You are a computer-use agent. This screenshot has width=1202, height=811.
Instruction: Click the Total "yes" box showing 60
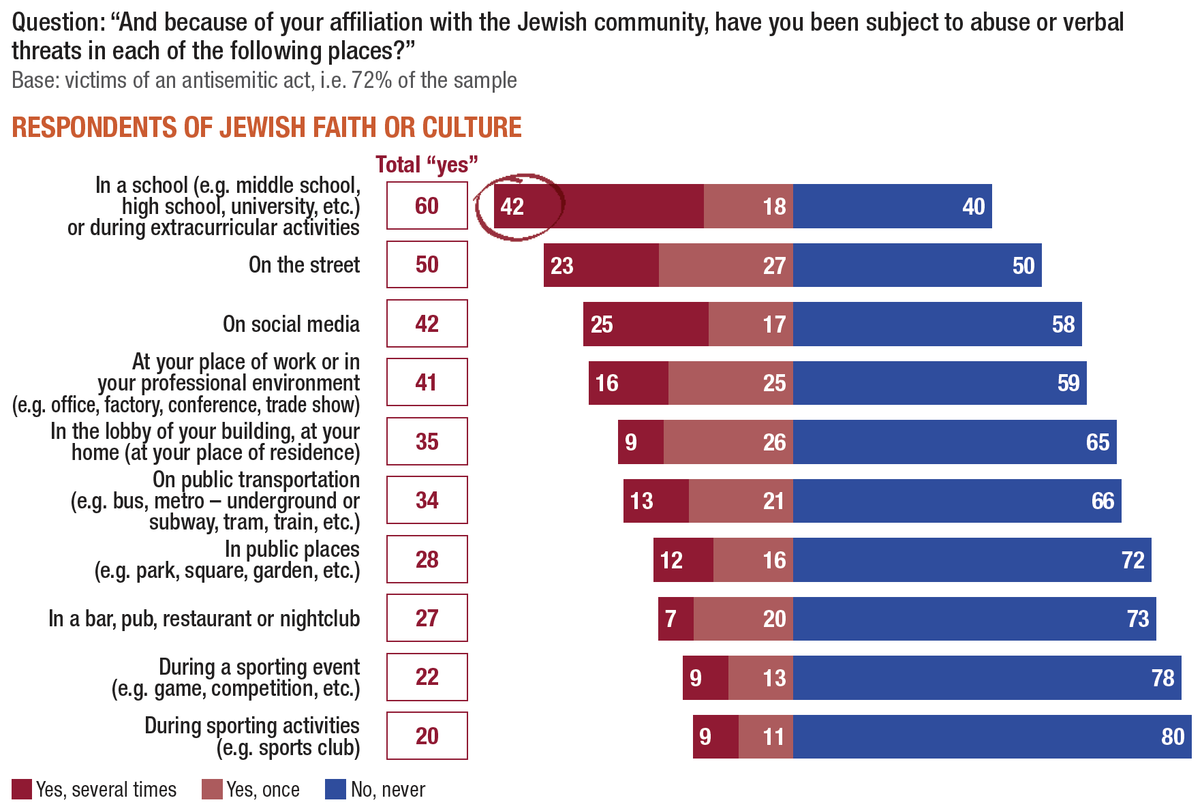[427, 205]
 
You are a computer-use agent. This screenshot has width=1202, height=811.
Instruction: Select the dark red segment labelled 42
[598, 206]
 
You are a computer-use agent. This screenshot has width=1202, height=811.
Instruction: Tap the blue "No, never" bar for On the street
[916, 265]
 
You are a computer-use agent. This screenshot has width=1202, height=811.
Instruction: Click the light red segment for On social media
[750, 324]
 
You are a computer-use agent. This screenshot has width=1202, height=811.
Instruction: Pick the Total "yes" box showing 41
[427, 382]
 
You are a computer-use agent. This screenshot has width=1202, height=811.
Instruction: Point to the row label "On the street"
[304, 264]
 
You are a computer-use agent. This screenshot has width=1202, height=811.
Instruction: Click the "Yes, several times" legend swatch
[22, 789]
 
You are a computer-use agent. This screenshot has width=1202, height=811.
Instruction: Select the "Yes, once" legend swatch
[212, 789]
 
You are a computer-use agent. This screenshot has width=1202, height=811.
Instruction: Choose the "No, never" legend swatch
[335, 789]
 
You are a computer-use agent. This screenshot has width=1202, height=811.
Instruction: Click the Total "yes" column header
[427, 165]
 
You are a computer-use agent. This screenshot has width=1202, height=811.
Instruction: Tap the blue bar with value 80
[991, 737]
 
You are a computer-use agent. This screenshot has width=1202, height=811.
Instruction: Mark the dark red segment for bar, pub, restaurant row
[675, 619]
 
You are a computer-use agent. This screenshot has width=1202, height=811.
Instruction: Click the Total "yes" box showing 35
[427, 442]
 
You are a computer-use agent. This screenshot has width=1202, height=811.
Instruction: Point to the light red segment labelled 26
[728, 442]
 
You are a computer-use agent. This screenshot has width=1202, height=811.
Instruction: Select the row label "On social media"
[291, 324]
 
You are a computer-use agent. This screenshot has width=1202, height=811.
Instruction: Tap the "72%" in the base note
[372, 80]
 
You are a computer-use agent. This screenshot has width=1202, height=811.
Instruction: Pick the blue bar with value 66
[957, 501]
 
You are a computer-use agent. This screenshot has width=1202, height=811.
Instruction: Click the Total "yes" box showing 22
[427, 677]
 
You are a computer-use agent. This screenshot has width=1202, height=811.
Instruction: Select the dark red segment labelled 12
[683, 560]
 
